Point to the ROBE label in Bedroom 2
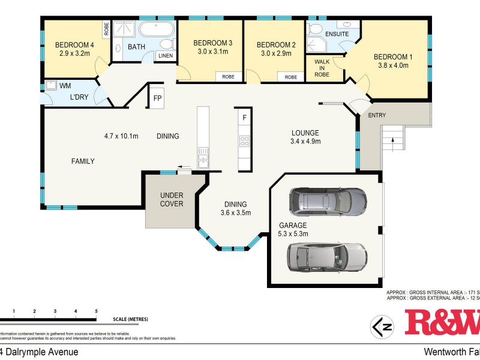tap(290, 77)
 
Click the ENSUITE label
tap(337, 34)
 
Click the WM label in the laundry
tap(64, 86)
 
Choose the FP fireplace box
tap(157, 98)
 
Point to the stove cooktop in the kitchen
tap(244, 142)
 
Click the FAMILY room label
tap(83, 161)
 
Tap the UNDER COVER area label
tap(171, 199)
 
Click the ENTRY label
tap(377, 115)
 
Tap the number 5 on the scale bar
tap(96, 311)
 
